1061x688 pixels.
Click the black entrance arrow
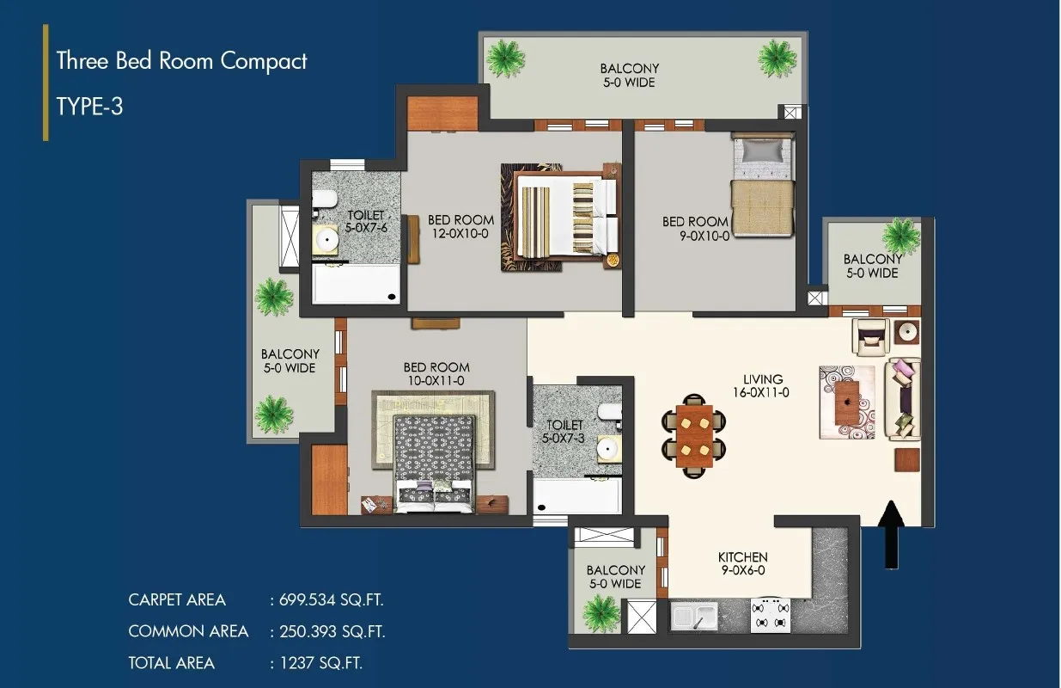pos(892,534)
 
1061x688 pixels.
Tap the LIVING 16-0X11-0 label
pos(762,385)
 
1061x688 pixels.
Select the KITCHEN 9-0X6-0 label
pos(742,563)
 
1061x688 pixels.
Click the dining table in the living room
pos(694,436)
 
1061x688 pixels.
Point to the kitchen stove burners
pos(771,616)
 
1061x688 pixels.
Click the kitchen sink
pos(694,617)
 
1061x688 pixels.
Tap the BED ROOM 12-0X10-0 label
pos(460,227)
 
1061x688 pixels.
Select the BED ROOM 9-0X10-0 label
pos(695,229)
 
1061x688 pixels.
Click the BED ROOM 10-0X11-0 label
pos(436,373)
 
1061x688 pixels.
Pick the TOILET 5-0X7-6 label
pos(366,221)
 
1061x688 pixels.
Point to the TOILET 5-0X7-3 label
pos(564,432)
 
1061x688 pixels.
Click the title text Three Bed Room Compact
pos(182,62)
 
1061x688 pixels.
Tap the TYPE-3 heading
pos(90,107)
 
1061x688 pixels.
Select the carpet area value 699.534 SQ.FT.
pos(331,599)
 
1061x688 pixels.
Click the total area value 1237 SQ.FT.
pos(321,663)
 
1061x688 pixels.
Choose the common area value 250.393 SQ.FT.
pos(332,631)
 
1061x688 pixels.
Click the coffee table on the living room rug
pos(847,402)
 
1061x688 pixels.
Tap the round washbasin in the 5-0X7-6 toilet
pos(326,239)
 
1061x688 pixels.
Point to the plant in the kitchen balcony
pos(602,615)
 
